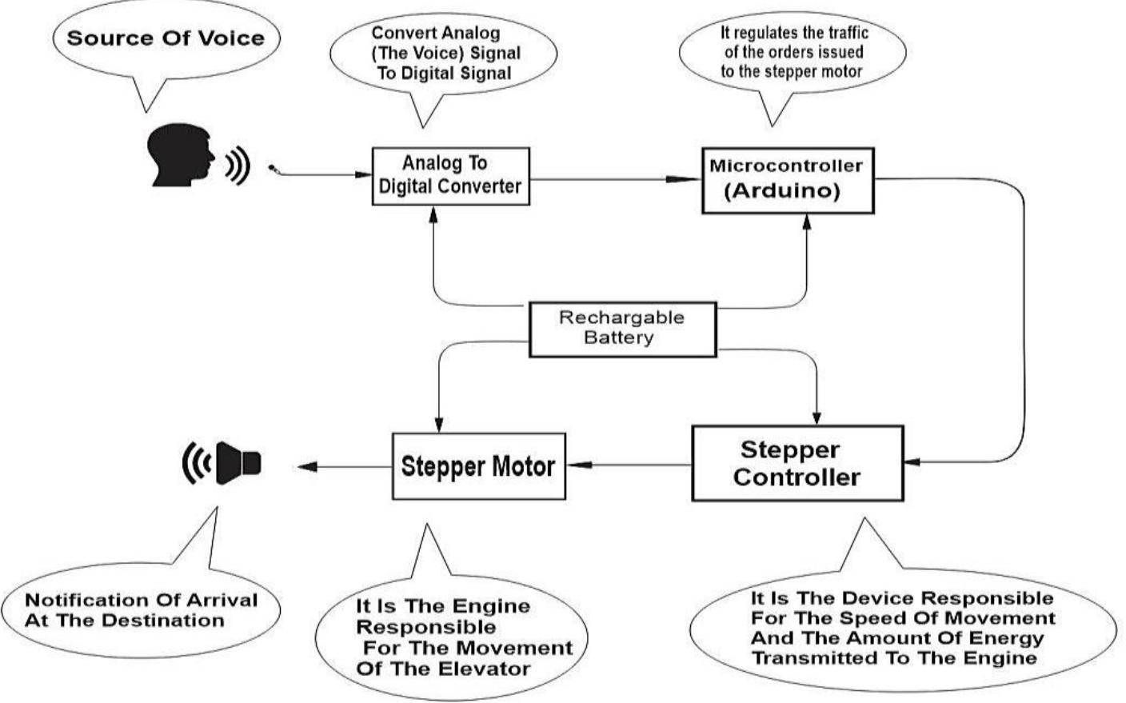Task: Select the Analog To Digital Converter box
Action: [x=450, y=176]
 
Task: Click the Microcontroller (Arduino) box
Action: [x=787, y=179]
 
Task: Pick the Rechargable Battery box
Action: [x=622, y=328]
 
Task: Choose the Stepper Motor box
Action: [x=477, y=466]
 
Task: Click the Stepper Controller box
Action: [x=797, y=463]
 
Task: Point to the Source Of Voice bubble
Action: [x=166, y=38]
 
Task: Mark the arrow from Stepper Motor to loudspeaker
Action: [x=344, y=466]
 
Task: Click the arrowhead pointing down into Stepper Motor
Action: [x=438, y=425]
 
